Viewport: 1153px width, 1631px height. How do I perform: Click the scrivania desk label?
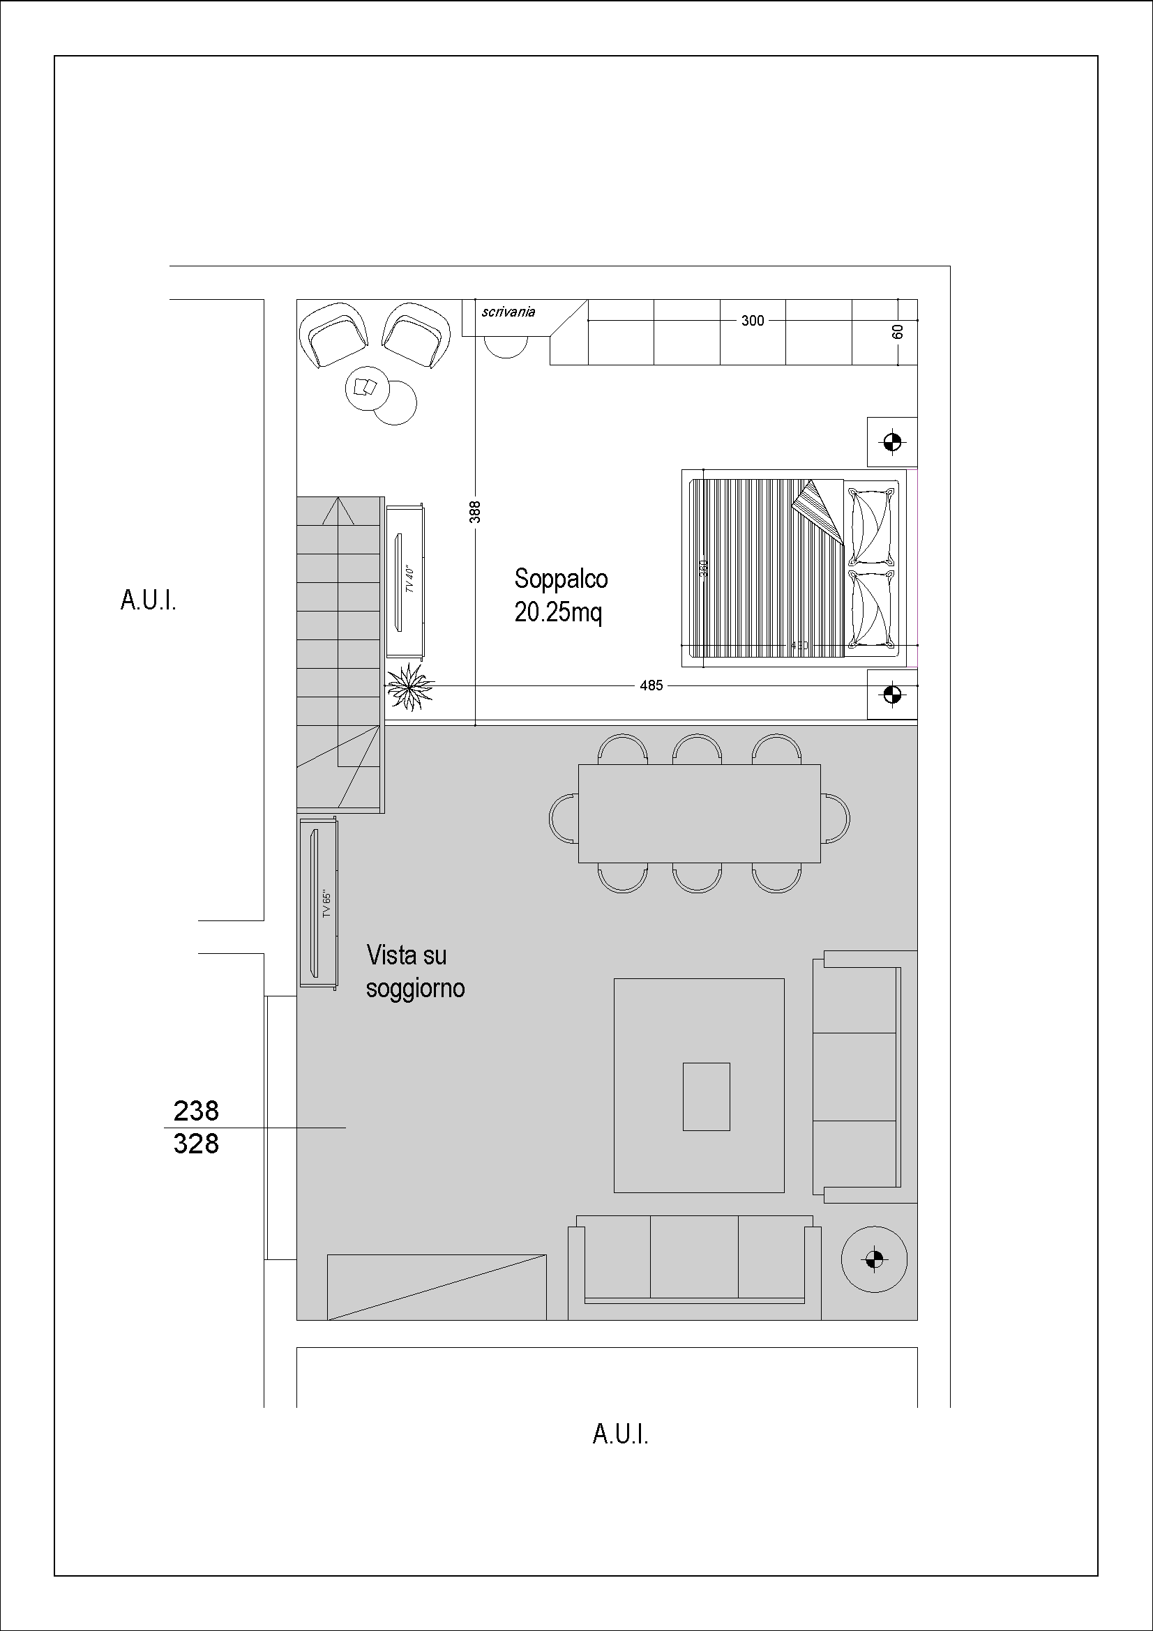[x=507, y=312]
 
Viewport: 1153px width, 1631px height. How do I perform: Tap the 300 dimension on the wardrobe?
[x=753, y=321]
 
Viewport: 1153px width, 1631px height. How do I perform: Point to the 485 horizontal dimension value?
[x=651, y=686]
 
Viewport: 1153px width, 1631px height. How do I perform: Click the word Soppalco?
[x=561, y=579]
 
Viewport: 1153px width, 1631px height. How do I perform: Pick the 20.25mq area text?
[x=558, y=612]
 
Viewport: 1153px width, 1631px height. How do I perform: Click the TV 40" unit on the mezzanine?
[x=405, y=581]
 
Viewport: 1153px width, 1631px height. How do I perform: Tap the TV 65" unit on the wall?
[x=318, y=903]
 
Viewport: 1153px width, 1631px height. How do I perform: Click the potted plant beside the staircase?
[x=410, y=686]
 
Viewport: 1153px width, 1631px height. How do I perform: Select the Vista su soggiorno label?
[x=415, y=972]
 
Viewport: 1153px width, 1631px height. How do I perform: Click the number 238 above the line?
[x=196, y=1110]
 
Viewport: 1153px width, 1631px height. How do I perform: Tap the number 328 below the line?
[x=196, y=1144]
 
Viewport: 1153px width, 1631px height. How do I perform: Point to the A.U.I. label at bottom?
[x=620, y=1434]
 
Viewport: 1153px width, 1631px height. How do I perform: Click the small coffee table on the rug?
[x=706, y=1096]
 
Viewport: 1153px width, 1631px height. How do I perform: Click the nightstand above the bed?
[x=892, y=442]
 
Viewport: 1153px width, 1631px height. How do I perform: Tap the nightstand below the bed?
[x=892, y=693]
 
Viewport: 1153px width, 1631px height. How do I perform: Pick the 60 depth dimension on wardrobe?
[x=898, y=332]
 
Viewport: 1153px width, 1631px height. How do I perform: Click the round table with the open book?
[x=366, y=388]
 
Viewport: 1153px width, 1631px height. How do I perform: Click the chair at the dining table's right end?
[x=836, y=819]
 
